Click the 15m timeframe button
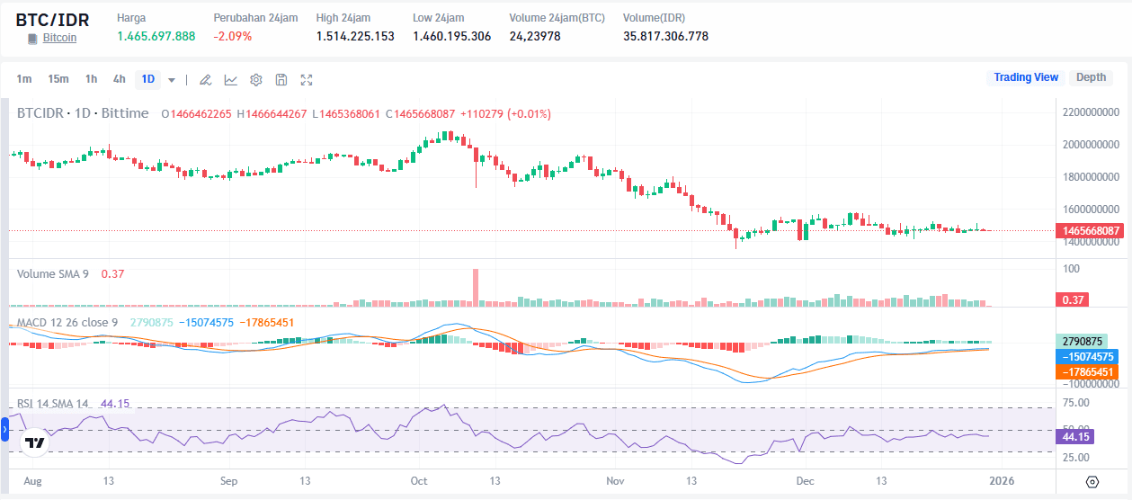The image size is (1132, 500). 58,79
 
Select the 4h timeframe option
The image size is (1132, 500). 120,79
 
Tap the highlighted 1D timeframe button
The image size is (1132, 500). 148,79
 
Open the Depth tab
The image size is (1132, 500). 1091,77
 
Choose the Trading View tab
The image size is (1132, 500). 1025,77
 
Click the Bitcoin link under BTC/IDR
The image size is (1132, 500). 59,38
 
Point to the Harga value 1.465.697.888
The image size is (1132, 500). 156,36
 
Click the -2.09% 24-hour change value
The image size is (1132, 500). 232,36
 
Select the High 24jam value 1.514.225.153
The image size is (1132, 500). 355,36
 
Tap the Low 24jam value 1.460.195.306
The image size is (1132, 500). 451,36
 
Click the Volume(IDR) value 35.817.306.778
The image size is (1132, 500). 665,36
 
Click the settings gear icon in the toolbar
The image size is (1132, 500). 256,80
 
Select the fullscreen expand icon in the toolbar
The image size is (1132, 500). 307,80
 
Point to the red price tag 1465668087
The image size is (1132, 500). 1091,230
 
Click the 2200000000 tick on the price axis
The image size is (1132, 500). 1091,112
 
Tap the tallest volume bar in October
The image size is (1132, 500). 476,288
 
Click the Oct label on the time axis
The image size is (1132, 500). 420,481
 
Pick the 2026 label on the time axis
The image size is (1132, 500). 1002,481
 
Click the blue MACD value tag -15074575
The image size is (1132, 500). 1091,356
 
